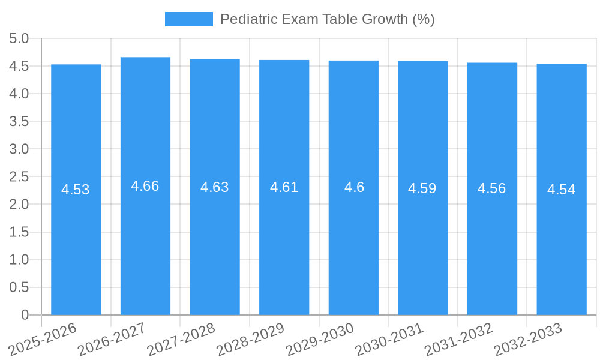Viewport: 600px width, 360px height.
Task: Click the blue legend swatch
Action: click(x=188, y=19)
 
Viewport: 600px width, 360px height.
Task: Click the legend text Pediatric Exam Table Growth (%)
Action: click(x=327, y=19)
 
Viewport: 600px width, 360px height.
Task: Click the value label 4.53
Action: click(x=76, y=190)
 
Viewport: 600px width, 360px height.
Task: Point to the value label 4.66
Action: click(x=145, y=186)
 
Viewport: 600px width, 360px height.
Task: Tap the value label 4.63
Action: click(x=215, y=187)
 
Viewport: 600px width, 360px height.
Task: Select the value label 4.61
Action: click(x=284, y=187)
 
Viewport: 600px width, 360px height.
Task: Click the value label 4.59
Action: click(x=422, y=188)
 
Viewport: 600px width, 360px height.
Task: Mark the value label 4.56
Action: click(x=492, y=188)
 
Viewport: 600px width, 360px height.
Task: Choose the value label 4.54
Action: click(x=562, y=190)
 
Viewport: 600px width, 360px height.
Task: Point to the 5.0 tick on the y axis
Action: click(x=19, y=39)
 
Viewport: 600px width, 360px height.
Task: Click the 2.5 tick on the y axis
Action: click(x=19, y=177)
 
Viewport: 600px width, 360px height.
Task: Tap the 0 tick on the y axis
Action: click(x=25, y=315)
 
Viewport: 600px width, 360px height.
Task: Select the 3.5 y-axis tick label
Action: click(x=19, y=122)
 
